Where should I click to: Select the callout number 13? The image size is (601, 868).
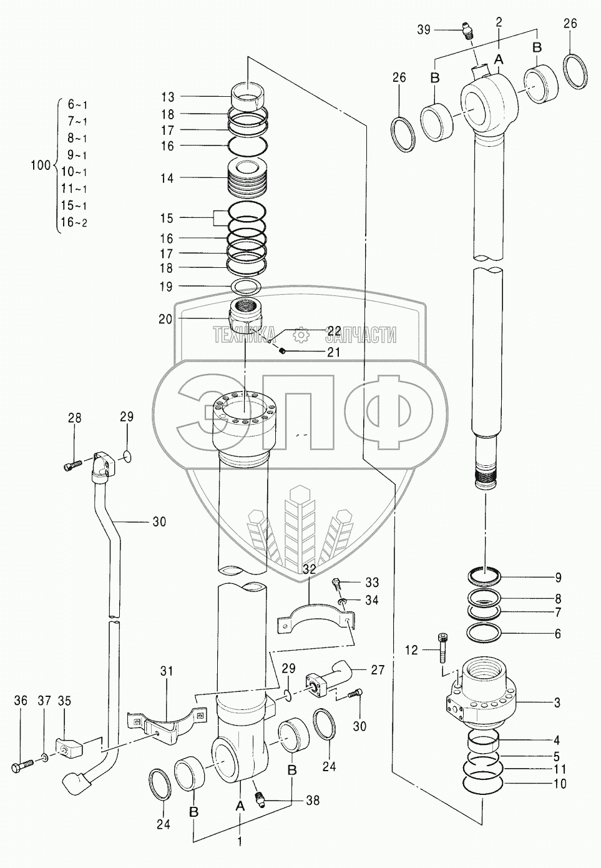click(x=167, y=97)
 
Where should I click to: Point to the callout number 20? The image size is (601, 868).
click(x=165, y=318)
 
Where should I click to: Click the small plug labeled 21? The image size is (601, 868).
click(x=281, y=352)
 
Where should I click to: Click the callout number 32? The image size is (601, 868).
click(x=310, y=569)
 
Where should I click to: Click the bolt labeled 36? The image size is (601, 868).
click(x=21, y=765)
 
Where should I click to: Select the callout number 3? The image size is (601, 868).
click(x=557, y=703)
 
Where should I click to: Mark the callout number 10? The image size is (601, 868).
click(x=560, y=784)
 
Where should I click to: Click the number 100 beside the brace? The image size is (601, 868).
click(x=41, y=165)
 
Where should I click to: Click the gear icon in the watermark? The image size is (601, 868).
click(x=302, y=335)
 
